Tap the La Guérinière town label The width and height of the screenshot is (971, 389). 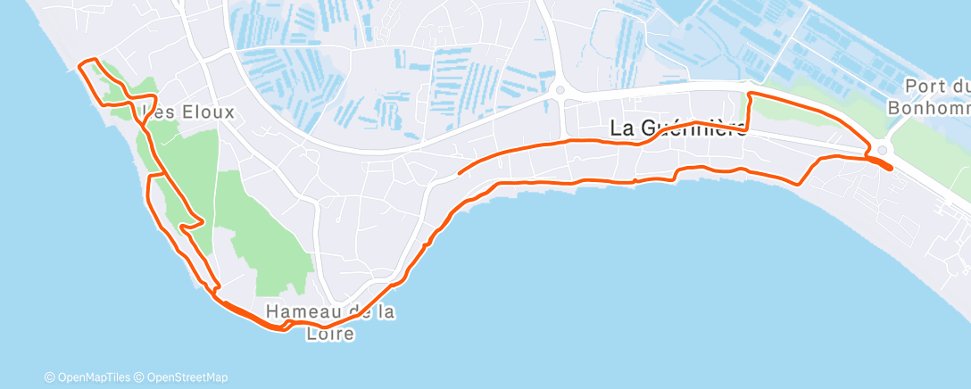678,128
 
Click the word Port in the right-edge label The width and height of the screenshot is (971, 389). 925,87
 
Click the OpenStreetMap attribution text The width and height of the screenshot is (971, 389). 182,377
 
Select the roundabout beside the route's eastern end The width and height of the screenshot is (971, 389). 883,151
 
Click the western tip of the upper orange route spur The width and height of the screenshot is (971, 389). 458,172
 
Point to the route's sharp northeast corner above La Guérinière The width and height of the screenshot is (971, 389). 749,93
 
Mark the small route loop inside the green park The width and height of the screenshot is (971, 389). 191,223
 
